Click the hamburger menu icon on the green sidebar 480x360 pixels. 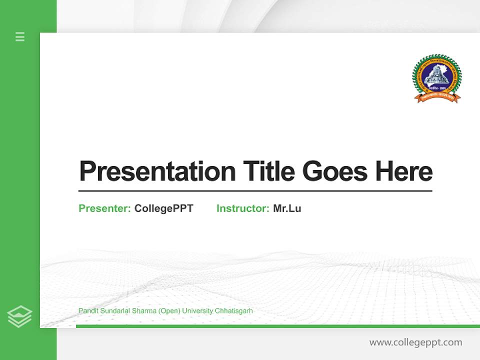(x=20, y=36)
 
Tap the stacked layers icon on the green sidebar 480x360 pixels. (x=19, y=316)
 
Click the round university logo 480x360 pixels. (x=436, y=78)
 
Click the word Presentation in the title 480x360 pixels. (x=157, y=171)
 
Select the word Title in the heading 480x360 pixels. (x=268, y=171)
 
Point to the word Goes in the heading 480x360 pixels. (x=335, y=171)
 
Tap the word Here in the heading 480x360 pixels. (x=403, y=171)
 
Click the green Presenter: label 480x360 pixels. (x=104, y=208)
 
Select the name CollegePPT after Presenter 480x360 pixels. (x=163, y=208)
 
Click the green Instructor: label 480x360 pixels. (x=242, y=208)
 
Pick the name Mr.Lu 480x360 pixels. (x=287, y=208)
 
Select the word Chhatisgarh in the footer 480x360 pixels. (x=233, y=311)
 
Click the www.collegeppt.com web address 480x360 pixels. (x=415, y=342)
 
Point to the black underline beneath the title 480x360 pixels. (x=255, y=191)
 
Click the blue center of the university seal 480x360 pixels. (x=436, y=75)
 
